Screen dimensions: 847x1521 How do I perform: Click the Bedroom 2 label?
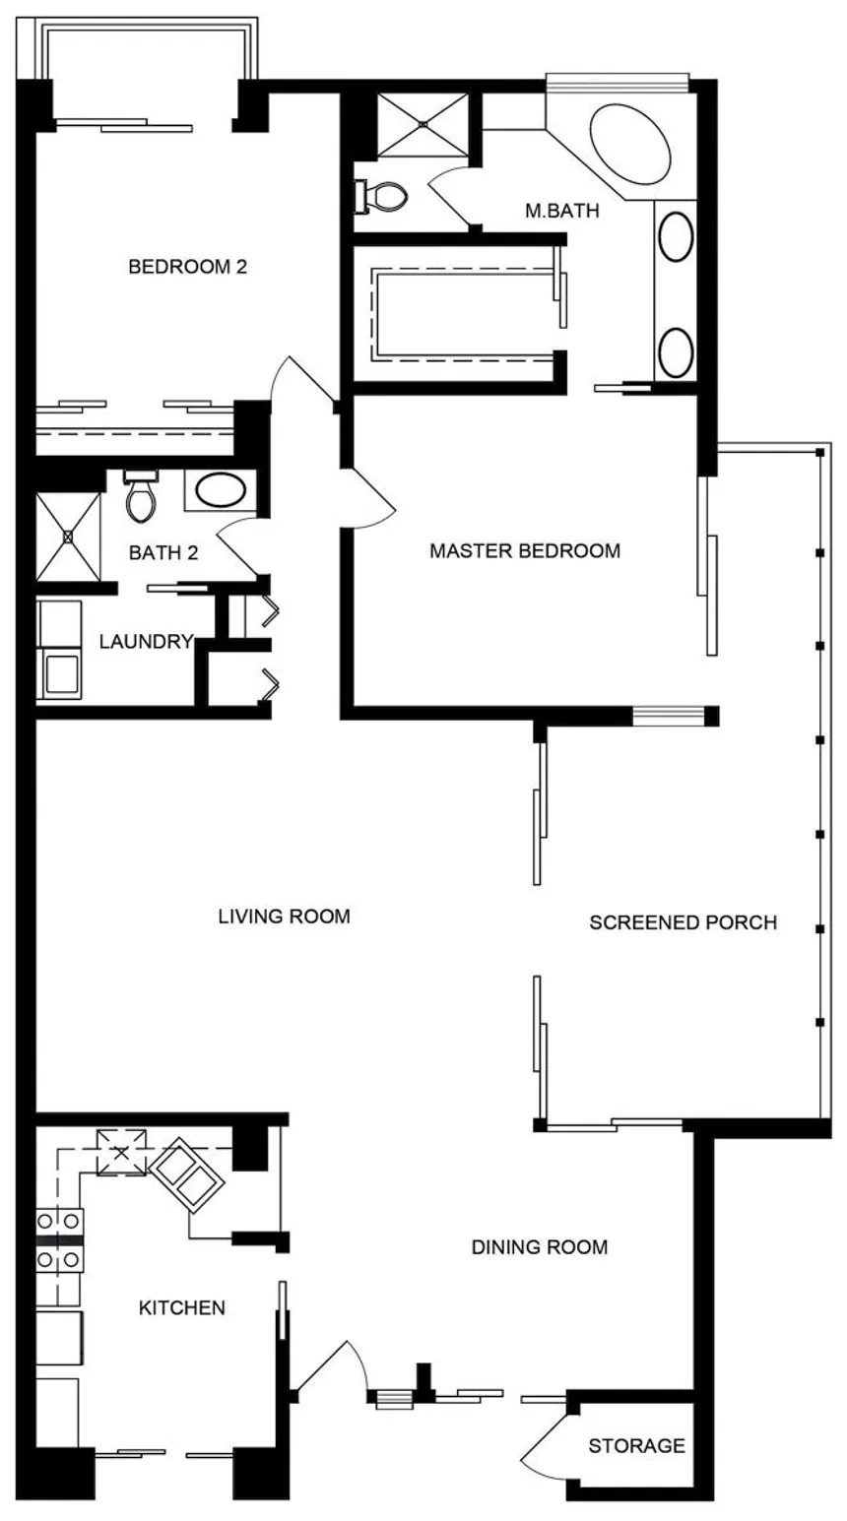[187, 267]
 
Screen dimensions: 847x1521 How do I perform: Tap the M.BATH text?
[562, 211]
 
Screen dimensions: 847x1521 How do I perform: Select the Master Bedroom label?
[525, 550]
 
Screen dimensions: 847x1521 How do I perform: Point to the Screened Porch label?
[684, 922]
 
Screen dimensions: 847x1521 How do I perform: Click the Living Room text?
[284, 916]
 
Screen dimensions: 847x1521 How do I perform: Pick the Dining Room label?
[540, 1246]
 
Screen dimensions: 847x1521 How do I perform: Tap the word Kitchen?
[181, 1307]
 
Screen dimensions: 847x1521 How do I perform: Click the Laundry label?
[147, 642]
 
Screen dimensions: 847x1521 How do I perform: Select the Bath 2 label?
[163, 552]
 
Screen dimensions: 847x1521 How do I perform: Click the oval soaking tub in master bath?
[630, 144]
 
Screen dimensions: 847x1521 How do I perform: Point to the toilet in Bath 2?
[141, 497]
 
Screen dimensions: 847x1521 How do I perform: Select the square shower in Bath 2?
[68, 538]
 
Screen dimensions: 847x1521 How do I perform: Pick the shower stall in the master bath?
[423, 125]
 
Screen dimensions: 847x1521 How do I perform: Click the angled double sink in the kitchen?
[187, 1175]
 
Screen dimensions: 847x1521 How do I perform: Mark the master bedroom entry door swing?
[367, 498]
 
